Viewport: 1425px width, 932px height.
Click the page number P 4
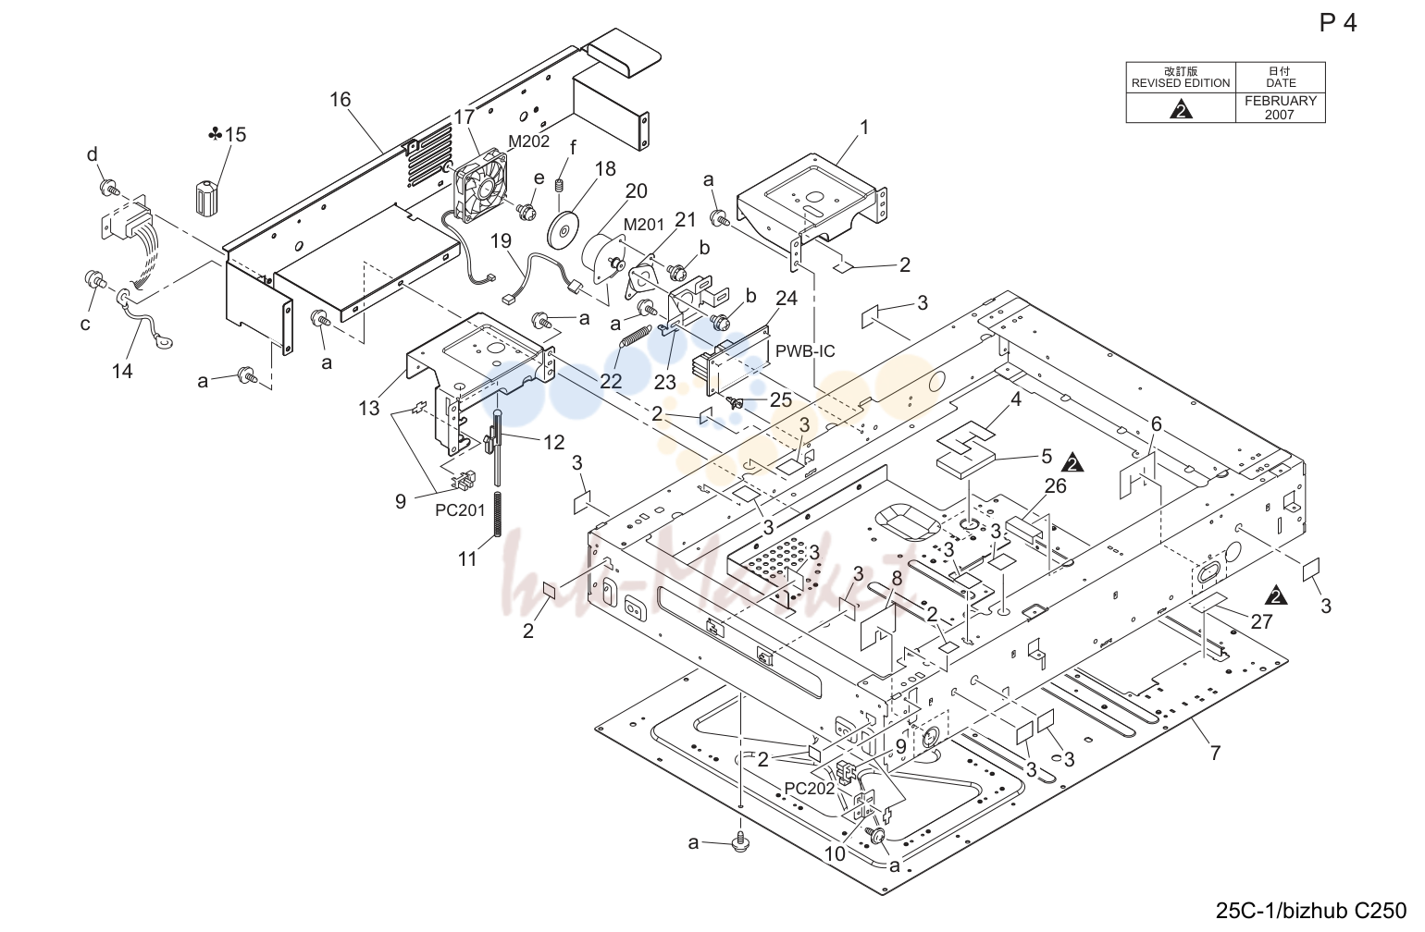[1338, 23]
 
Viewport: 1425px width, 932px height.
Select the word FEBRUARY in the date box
[1281, 101]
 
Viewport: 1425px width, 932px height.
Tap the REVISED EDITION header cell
[1181, 78]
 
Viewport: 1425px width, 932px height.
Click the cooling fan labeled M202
[481, 186]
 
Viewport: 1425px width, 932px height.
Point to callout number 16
[341, 99]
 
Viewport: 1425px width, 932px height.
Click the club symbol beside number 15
[216, 134]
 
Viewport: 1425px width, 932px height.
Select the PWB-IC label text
[805, 351]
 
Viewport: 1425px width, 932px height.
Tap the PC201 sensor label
[460, 509]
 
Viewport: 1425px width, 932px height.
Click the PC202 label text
[809, 788]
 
